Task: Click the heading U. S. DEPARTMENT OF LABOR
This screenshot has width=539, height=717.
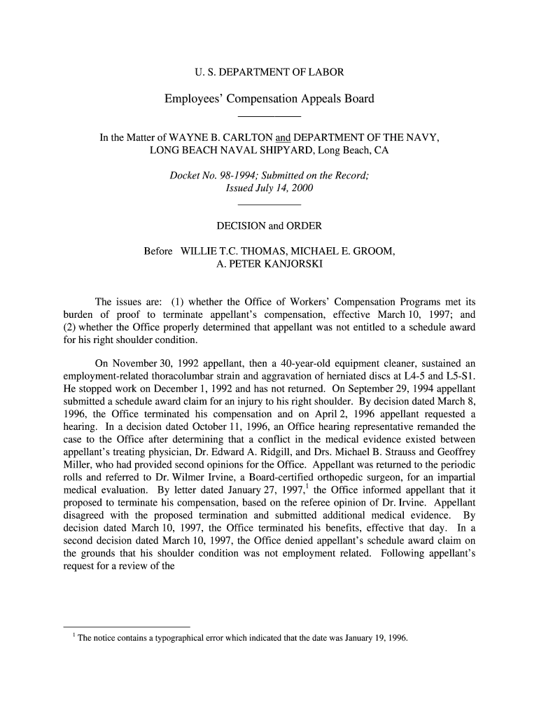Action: (x=269, y=72)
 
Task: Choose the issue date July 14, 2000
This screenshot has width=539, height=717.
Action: (x=282, y=188)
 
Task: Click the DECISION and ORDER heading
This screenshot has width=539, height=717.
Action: (x=269, y=226)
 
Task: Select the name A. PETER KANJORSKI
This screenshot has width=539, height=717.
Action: (x=269, y=264)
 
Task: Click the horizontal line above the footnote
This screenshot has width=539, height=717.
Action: (x=127, y=627)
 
